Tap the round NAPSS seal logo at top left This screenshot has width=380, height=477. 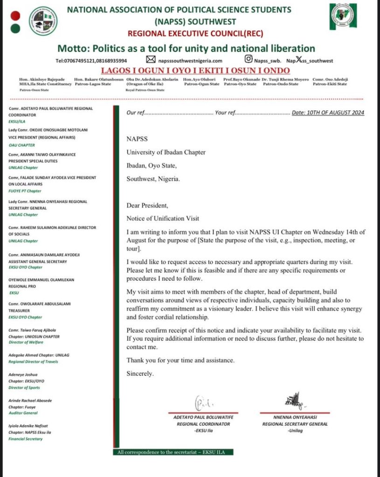(43, 21)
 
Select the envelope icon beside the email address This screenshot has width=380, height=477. (151, 60)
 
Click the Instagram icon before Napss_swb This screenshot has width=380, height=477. (249, 60)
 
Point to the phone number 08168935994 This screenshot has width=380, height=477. (110, 61)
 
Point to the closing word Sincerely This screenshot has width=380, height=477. (140, 374)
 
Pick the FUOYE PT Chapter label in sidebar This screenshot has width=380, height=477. (25, 191)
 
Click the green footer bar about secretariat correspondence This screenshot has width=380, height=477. (173, 452)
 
